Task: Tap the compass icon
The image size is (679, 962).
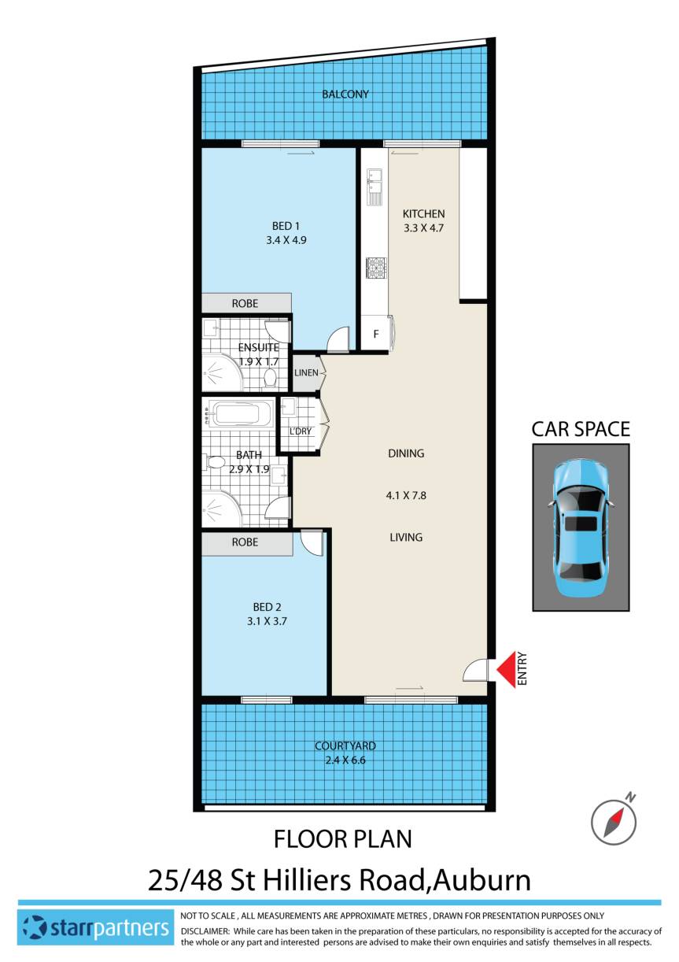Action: pyautogui.click(x=613, y=817)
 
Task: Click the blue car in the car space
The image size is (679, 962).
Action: pyautogui.click(x=581, y=527)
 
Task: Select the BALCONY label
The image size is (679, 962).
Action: pyautogui.click(x=345, y=94)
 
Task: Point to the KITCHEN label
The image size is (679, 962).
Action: pyautogui.click(x=423, y=214)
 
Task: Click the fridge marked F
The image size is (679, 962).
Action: pyautogui.click(x=376, y=334)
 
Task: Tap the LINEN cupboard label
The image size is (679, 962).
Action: pyautogui.click(x=305, y=372)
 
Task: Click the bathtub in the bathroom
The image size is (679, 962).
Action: pyautogui.click(x=241, y=414)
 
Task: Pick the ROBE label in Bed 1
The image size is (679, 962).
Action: pyautogui.click(x=245, y=303)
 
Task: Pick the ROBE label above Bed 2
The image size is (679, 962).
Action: pyautogui.click(x=245, y=542)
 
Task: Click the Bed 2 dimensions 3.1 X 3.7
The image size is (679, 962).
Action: pyautogui.click(x=267, y=621)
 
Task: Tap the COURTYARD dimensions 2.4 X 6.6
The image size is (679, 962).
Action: pyautogui.click(x=345, y=760)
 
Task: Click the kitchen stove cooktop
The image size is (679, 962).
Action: pyautogui.click(x=374, y=268)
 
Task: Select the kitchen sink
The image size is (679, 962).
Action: pyautogui.click(x=374, y=183)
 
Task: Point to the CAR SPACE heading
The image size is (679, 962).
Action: pyautogui.click(x=581, y=429)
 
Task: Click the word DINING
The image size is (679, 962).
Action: pyautogui.click(x=406, y=453)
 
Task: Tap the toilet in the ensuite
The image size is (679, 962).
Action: pyautogui.click(x=270, y=379)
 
